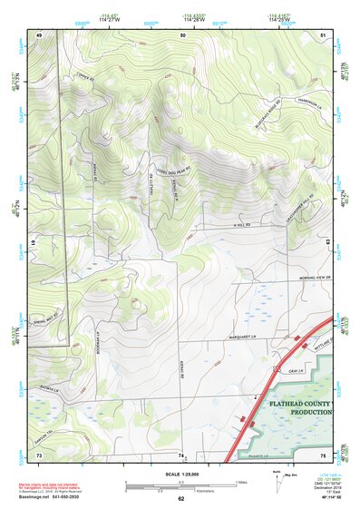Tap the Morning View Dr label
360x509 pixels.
coord(305,279)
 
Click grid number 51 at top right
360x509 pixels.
coord(324,34)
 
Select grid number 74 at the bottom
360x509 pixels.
coord(181,454)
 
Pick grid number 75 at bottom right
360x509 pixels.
coord(324,454)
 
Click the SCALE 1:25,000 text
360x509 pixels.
coord(180,475)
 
